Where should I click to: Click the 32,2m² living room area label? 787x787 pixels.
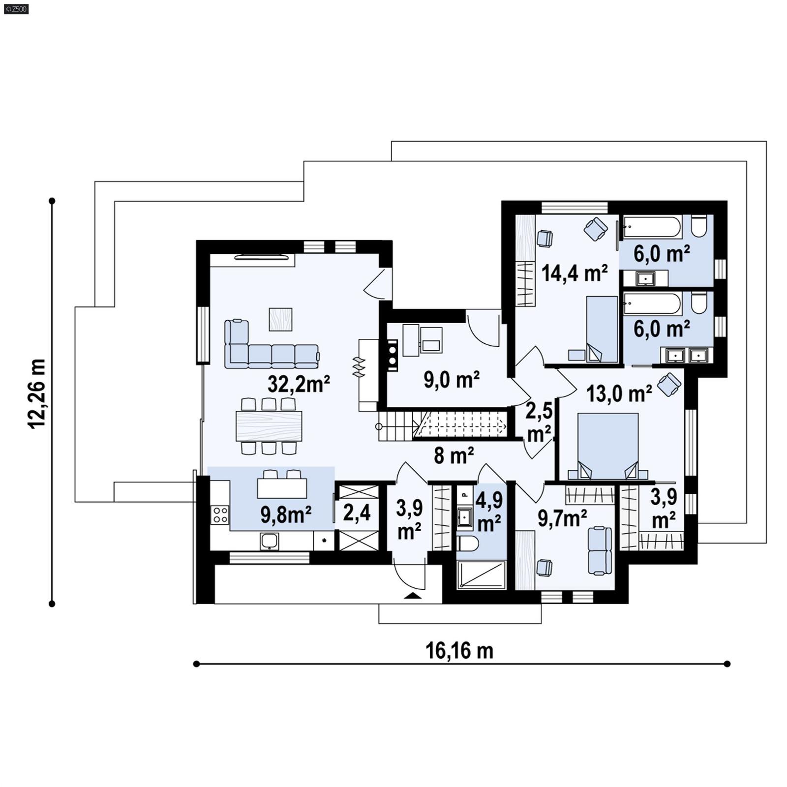click(x=299, y=384)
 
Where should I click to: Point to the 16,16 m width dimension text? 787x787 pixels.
click(x=459, y=651)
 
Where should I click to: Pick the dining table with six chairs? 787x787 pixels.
click(x=269, y=425)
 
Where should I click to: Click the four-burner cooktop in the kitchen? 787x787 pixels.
click(x=220, y=515)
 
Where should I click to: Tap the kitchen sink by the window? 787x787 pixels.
click(x=270, y=541)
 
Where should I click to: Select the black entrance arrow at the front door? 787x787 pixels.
click(x=412, y=596)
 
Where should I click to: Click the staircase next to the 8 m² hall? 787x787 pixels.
click(x=443, y=424)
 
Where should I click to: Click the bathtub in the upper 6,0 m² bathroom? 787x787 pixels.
click(x=652, y=228)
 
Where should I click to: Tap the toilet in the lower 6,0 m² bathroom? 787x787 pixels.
click(x=698, y=302)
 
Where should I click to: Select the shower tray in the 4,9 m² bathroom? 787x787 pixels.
click(x=481, y=574)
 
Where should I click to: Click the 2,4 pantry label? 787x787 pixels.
click(x=357, y=513)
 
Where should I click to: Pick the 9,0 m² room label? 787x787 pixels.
click(x=451, y=380)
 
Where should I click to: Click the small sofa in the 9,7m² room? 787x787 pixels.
click(x=600, y=550)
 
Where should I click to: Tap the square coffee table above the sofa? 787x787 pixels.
click(x=280, y=319)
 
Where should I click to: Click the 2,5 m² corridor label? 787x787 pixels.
click(x=539, y=423)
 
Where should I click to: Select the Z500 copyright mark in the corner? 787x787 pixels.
click(x=16, y=8)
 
